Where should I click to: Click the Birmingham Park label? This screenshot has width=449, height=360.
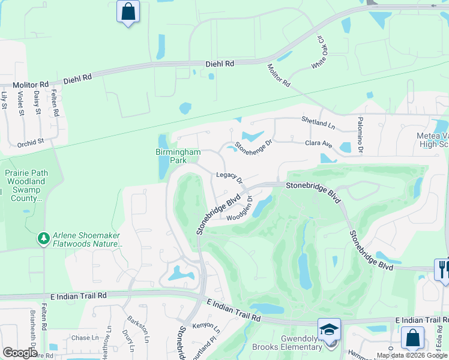177,157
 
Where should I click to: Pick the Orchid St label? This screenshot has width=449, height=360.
31,143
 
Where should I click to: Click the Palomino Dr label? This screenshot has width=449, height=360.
361,135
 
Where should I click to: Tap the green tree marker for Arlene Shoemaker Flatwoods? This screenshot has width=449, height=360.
43,239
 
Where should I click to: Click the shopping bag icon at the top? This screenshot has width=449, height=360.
128,11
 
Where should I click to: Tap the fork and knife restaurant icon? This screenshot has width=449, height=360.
442,268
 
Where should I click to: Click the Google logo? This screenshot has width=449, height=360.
20,353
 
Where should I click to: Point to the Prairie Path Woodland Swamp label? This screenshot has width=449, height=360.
25,185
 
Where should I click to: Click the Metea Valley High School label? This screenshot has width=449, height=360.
432,140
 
